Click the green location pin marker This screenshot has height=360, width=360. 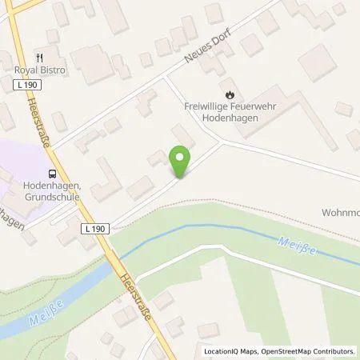coord(182,162)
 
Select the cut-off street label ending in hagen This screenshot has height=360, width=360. coord(12,222)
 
